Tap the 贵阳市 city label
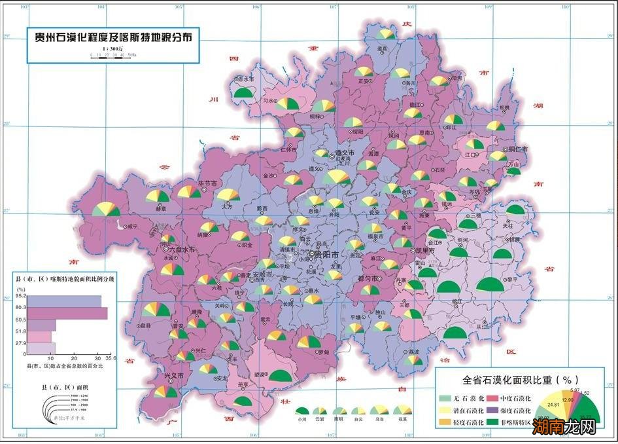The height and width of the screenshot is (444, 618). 325,254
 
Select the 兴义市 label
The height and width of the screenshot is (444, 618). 169,375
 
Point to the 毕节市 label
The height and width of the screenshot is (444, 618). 207,184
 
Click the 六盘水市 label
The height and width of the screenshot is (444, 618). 182,250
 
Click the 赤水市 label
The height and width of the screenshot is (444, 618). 245,79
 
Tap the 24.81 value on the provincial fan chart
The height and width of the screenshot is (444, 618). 553,405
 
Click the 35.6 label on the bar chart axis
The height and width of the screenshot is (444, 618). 109,358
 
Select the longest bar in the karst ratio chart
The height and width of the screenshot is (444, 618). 66,313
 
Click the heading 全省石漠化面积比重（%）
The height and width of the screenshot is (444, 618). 517,379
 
